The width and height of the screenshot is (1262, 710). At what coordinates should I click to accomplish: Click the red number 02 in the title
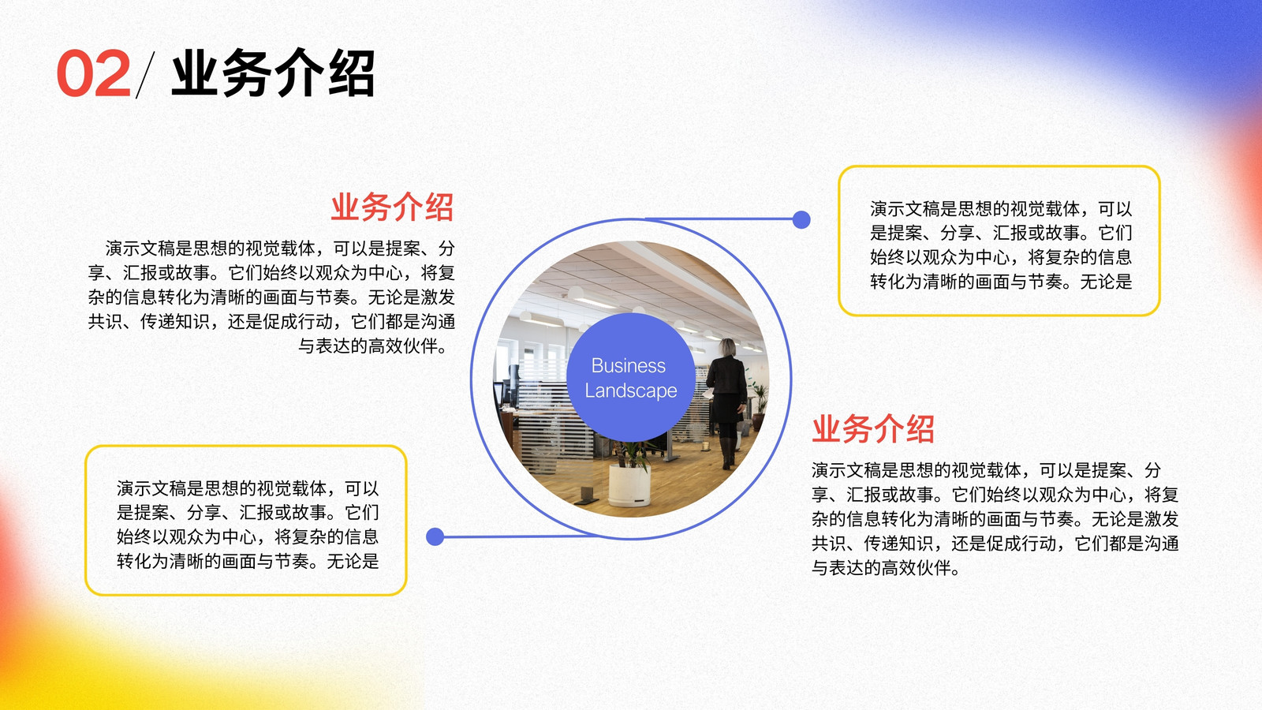point(94,74)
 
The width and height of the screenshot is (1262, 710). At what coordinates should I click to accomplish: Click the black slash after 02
point(145,75)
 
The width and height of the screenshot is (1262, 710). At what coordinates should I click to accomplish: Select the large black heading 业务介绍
point(273,73)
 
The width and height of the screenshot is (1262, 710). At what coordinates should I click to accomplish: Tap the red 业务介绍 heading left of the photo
point(392,207)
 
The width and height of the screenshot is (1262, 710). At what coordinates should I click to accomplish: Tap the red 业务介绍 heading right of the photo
point(872,429)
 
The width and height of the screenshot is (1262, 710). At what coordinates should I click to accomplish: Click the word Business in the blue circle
point(628,366)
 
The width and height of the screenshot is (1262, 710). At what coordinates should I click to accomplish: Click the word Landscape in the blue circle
point(630,390)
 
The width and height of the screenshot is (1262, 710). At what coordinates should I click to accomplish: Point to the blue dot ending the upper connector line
point(801,219)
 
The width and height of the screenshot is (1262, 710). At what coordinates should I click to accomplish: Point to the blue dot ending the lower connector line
point(435,536)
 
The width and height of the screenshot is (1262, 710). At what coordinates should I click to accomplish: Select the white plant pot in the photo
point(629,484)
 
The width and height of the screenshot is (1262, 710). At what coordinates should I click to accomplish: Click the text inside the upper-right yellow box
point(1001,245)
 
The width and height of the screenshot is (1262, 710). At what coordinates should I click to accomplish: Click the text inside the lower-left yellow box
point(248,525)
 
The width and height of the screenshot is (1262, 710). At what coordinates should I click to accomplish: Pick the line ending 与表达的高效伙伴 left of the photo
point(374,346)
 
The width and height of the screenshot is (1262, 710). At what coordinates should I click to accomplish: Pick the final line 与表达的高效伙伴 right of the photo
point(887,567)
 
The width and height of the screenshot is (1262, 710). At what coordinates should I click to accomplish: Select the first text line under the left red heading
point(279,248)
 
